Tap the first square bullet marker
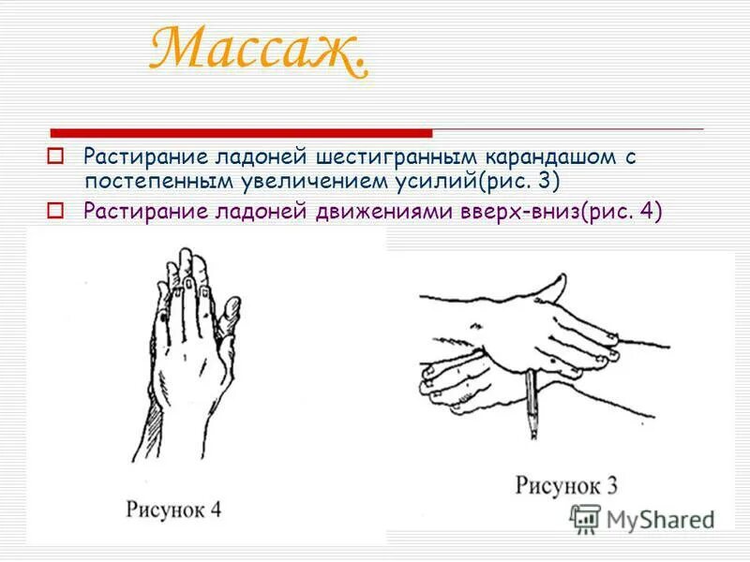coord(55,155)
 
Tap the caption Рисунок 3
coord(566,486)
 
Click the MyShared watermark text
coord(660,519)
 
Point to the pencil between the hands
coord(532,404)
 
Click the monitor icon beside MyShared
coord(586,518)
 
